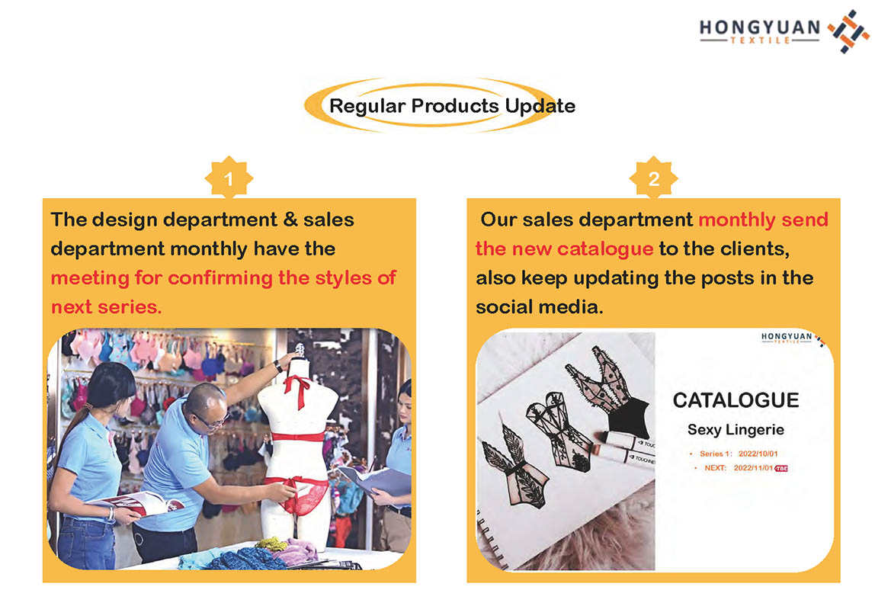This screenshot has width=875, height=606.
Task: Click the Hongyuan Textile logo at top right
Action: [x=784, y=31]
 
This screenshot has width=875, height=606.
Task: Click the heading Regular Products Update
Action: [x=452, y=105]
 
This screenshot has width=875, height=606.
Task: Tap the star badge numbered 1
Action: [x=229, y=178]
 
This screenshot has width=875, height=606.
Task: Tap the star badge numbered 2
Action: [x=653, y=178]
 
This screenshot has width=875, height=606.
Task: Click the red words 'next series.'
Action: [x=106, y=307]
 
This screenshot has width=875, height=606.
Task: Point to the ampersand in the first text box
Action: [x=290, y=220]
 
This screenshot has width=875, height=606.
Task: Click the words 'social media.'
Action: [x=539, y=307]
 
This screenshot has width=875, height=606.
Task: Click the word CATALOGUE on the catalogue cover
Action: [x=736, y=400]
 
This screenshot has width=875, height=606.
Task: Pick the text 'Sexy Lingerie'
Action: [x=736, y=430]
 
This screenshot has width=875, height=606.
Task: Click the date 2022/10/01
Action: [x=758, y=454]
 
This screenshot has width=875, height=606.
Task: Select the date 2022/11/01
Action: [x=753, y=467]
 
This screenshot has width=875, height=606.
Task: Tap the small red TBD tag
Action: [x=781, y=468]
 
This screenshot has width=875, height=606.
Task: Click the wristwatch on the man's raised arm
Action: [x=278, y=366]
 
